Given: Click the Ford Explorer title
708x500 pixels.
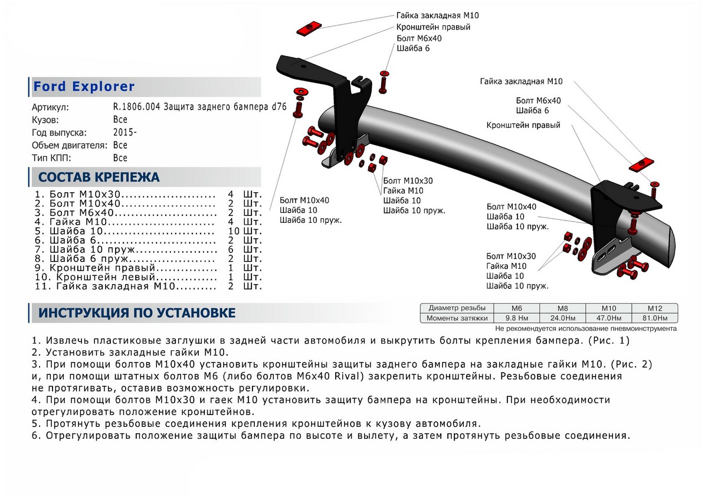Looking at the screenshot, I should (x=84, y=87).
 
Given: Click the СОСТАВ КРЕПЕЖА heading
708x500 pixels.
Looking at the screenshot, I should (x=99, y=177).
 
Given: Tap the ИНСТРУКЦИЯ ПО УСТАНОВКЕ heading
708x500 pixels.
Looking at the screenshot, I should (x=137, y=313).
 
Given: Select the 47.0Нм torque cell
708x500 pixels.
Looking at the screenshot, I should (x=608, y=318).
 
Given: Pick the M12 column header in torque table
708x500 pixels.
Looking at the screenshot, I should (x=655, y=308).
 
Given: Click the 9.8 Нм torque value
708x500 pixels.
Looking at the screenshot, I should (x=516, y=318).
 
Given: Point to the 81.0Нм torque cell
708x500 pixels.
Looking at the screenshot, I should (x=655, y=318).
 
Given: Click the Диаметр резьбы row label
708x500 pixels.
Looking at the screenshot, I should (x=457, y=308).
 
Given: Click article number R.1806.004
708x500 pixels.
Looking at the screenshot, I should (x=135, y=108).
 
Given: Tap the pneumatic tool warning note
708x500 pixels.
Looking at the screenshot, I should (x=586, y=328).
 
